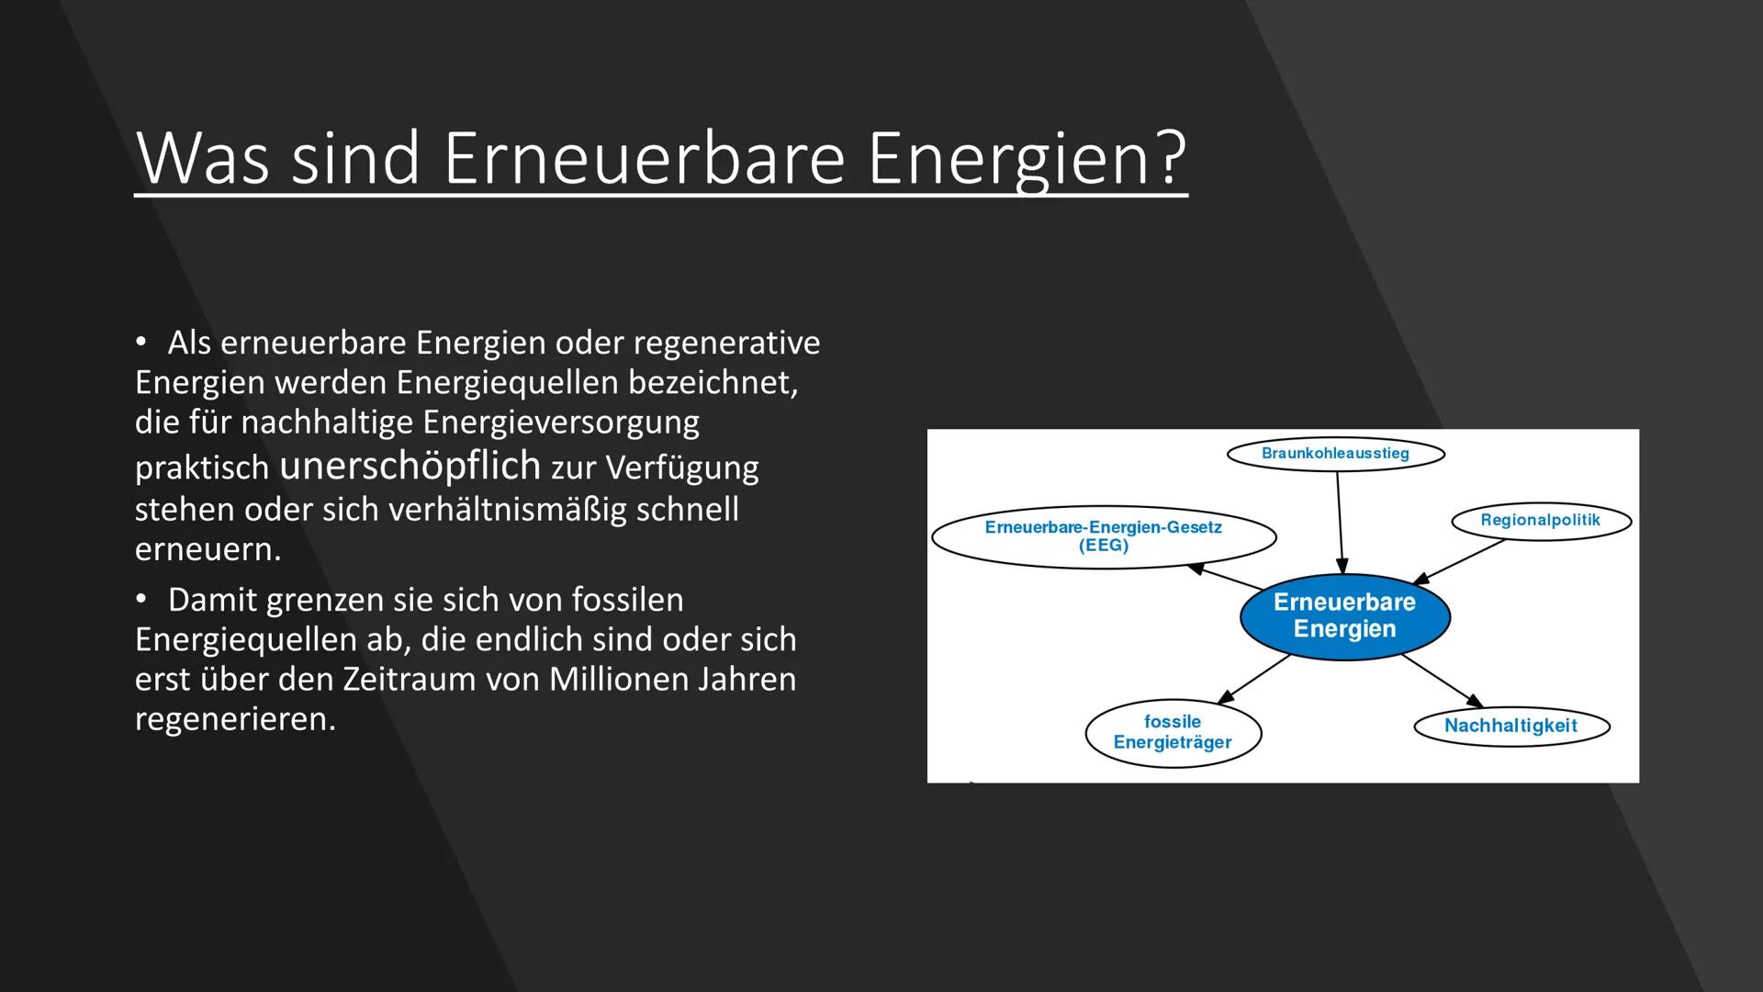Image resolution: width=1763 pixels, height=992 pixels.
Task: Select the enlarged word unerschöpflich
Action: tap(410, 465)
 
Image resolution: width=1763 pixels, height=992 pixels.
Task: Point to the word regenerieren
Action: tap(235, 718)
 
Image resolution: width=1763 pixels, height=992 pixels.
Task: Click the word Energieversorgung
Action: tap(560, 422)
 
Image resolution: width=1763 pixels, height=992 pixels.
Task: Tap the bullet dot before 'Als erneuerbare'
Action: tap(141, 342)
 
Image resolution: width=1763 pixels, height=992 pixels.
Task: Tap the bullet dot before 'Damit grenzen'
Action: tap(141, 599)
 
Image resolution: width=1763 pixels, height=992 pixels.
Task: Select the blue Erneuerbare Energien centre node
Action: tap(1344, 616)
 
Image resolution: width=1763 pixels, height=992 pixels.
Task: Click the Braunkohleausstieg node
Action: tap(1335, 454)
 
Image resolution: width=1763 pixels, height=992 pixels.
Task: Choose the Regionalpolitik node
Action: tap(1540, 521)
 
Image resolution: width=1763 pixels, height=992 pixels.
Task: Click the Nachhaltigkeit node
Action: tap(1510, 726)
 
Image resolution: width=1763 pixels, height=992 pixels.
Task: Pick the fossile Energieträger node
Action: tap(1173, 732)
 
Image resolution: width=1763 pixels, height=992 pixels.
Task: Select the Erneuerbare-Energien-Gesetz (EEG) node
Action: tap(1103, 536)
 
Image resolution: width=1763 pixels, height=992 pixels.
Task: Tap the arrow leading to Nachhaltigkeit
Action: tap(1442, 681)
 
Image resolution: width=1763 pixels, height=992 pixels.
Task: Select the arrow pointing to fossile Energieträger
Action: tap(1254, 680)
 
